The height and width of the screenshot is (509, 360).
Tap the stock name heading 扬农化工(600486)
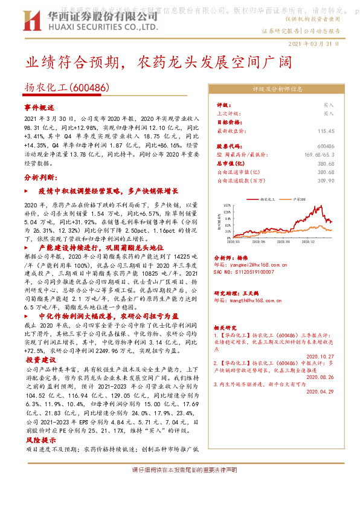pyautogui.click(x=67, y=87)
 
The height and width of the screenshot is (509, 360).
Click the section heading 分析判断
pyautogui.click(x=40, y=178)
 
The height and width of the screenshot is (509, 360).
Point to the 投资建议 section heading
pyautogui.click(x=39, y=359)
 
